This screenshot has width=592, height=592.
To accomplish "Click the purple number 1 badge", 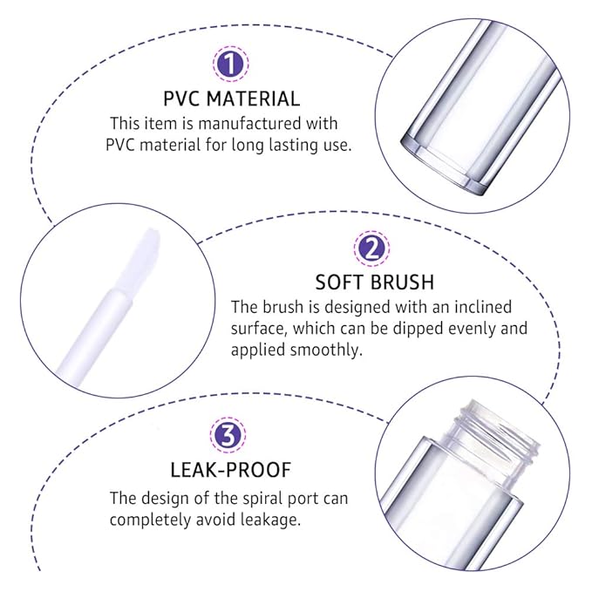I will [231, 64].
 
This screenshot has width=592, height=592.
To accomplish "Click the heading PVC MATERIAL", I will [231, 99].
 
